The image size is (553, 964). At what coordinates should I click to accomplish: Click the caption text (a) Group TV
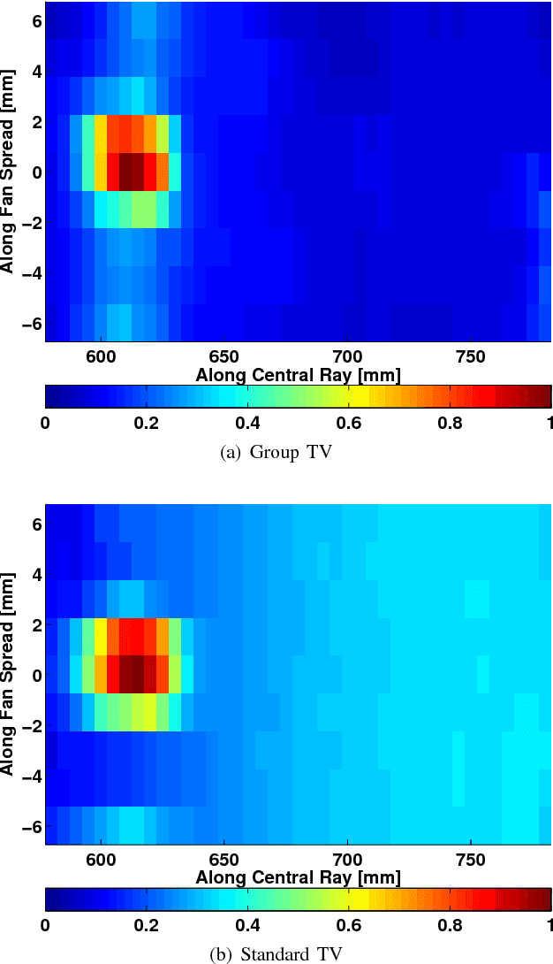point(276,453)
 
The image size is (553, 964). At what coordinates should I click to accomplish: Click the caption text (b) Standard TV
point(276,953)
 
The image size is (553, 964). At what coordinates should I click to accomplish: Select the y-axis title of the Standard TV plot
point(9,675)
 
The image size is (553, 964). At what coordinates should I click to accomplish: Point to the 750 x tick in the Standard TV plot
point(471,859)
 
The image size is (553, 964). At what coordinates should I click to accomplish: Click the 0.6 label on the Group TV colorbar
point(348,423)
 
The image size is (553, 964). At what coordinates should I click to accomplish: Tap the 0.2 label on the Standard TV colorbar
point(146,925)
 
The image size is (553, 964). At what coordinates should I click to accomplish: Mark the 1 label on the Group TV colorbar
point(547,423)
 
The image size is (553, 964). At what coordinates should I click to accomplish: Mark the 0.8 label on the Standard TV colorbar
point(450,925)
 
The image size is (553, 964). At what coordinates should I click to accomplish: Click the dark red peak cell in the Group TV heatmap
point(132,172)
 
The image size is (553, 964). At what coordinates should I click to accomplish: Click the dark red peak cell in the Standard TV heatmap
point(132,675)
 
